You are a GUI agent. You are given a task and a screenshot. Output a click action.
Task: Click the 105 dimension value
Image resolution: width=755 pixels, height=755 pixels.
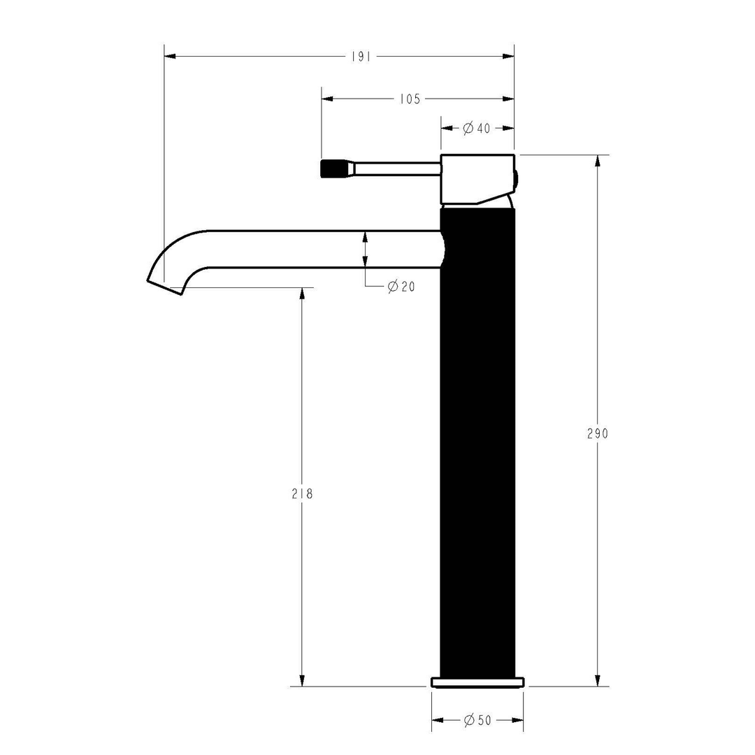[x=410, y=99]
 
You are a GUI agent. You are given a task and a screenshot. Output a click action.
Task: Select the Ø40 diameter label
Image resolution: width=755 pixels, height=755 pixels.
[x=477, y=128]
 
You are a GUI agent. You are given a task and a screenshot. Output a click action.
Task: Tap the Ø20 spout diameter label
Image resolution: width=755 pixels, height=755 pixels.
[x=401, y=286]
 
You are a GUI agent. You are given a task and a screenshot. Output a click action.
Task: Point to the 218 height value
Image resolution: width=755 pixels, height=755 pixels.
[x=302, y=494]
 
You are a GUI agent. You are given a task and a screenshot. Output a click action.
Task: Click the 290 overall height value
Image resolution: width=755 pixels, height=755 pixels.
[x=597, y=433]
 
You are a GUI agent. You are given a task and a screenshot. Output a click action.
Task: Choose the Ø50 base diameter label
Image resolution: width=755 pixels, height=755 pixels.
[x=477, y=720]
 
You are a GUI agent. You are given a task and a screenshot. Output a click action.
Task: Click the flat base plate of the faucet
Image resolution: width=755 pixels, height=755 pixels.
[x=477, y=682]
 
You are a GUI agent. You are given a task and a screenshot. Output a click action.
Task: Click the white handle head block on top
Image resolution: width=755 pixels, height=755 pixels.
[x=475, y=178]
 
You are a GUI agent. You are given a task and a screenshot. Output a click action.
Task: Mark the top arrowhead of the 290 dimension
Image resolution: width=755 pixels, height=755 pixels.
[x=597, y=160]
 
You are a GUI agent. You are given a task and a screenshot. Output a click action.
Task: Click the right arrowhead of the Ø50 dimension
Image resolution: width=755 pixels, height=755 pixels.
[x=518, y=720]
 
